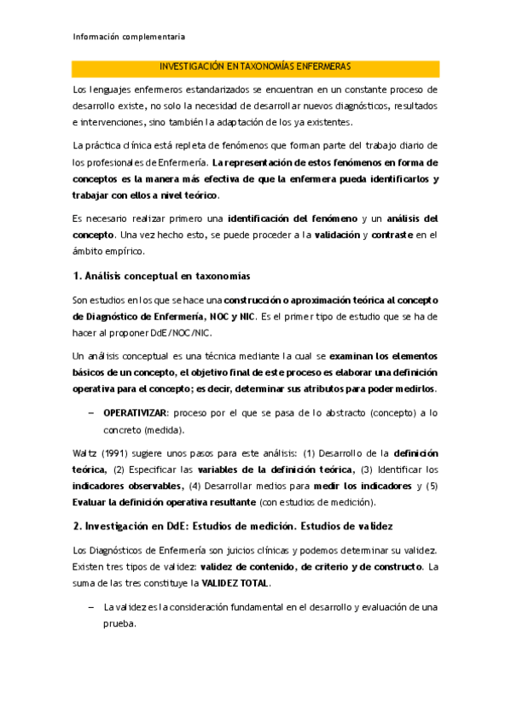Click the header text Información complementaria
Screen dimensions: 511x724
pyautogui.click(x=130, y=37)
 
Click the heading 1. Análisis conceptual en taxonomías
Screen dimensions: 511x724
pyautogui.click(x=161, y=276)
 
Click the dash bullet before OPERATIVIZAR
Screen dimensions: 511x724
pyautogui.click(x=90, y=413)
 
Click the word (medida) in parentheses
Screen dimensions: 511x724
pyautogui.click(x=165, y=430)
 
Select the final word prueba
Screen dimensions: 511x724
pyautogui.click(x=119, y=624)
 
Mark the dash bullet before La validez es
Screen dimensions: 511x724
pyautogui.click(x=90, y=607)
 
